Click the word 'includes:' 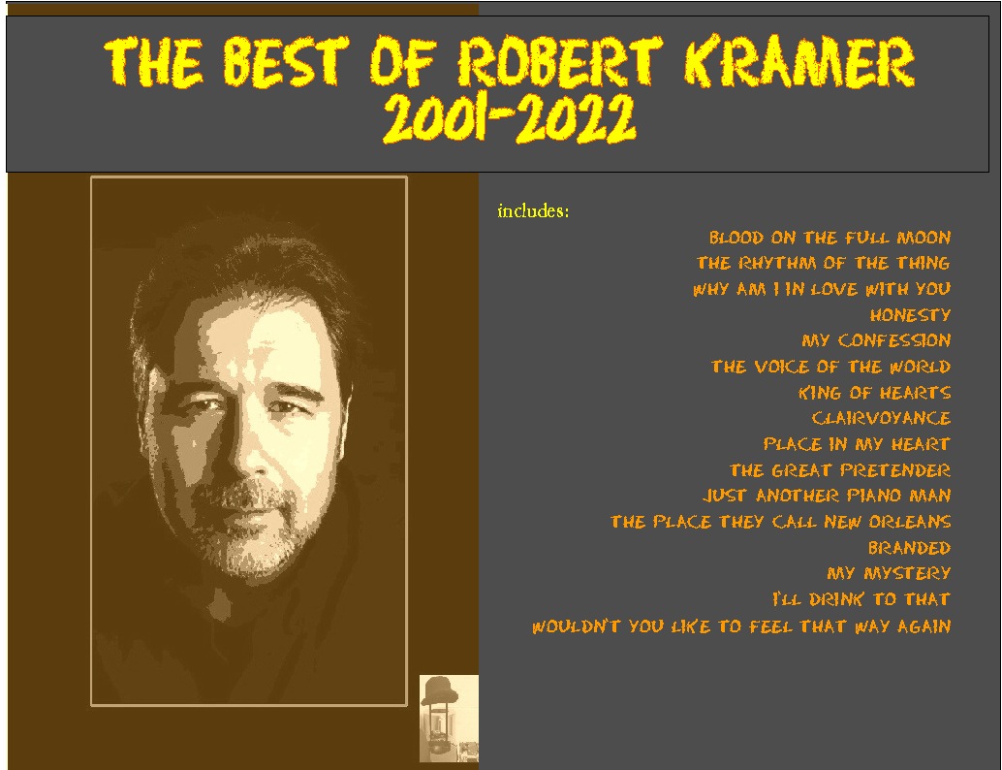click(533, 211)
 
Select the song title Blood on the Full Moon click(830, 238)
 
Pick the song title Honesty click(910, 315)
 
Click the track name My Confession click(876, 341)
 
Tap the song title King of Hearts click(874, 393)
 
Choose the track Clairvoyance click(881, 419)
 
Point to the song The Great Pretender click(839, 470)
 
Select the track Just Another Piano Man click(827, 496)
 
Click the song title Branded click(909, 548)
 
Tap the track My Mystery click(889, 573)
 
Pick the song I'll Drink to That click(861, 599)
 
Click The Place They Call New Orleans click(780, 522)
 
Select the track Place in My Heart click(857, 444)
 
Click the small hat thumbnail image click(449, 718)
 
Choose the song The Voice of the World click(830, 367)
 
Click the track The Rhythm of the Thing click(823, 263)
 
